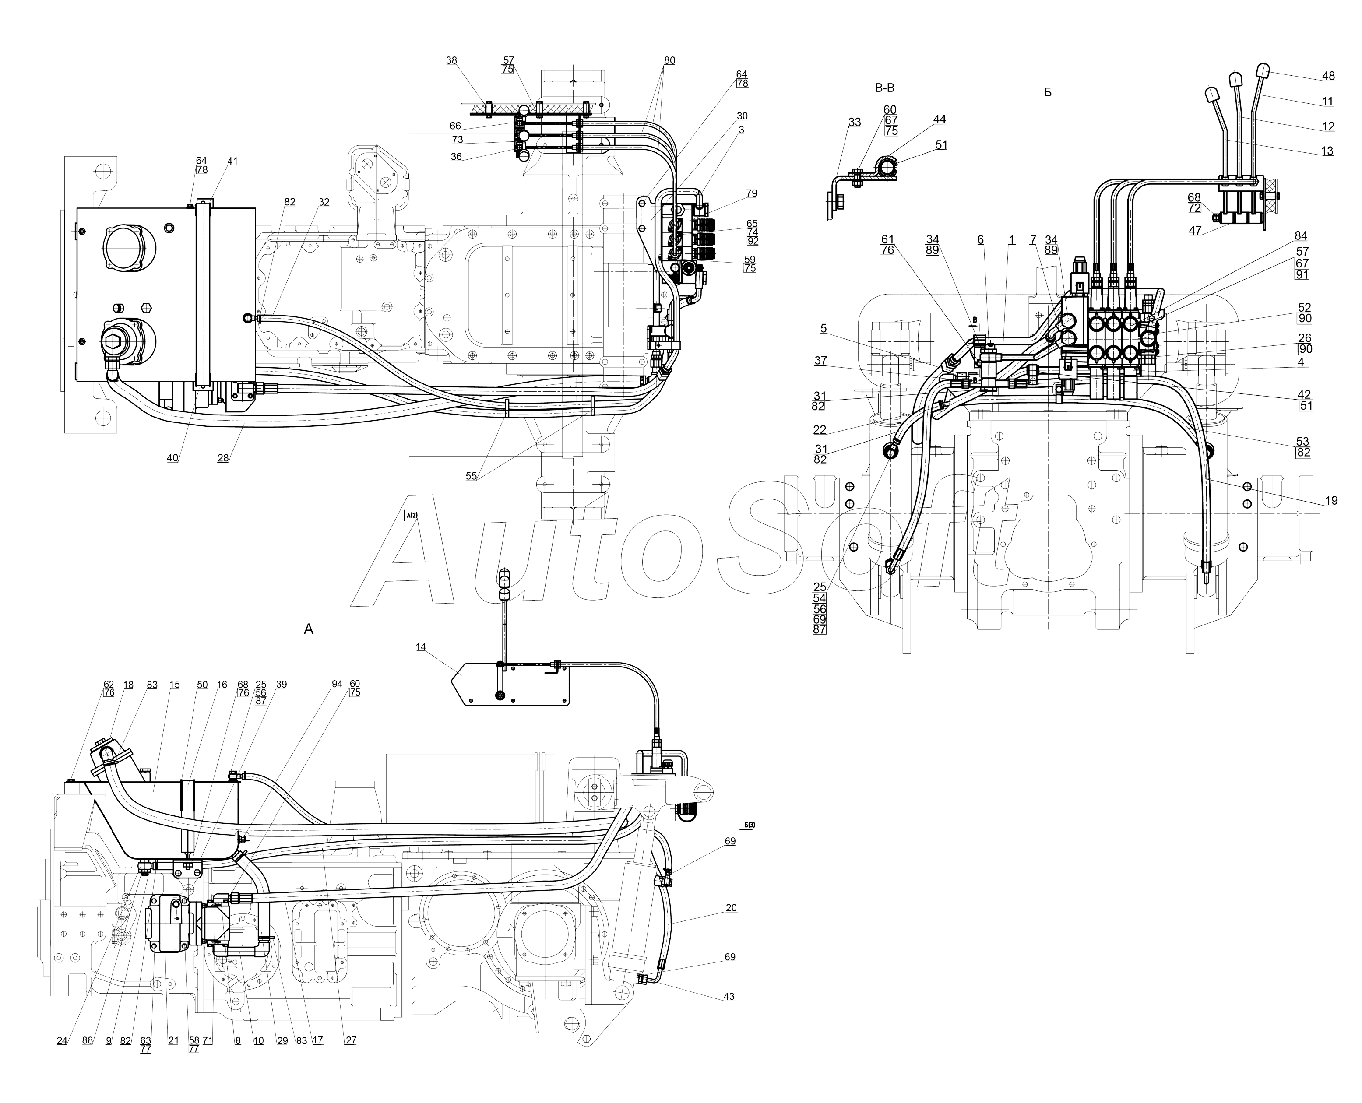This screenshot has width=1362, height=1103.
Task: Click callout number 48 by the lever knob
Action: pyautogui.click(x=1328, y=76)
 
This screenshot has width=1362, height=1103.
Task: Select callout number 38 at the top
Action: pyautogui.click(x=451, y=61)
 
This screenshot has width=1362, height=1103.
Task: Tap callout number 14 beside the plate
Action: pyautogui.click(x=421, y=647)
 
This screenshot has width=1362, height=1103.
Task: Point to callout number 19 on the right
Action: pyautogui.click(x=1331, y=501)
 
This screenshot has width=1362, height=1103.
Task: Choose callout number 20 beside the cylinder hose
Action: pyautogui.click(x=731, y=908)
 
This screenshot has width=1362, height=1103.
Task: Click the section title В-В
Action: pyautogui.click(x=884, y=88)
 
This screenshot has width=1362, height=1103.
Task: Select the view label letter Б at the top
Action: pyautogui.click(x=1047, y=93)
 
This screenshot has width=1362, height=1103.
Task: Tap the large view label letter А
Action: pyautogui.click(x=309, y=629)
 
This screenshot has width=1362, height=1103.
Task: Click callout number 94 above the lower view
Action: pyautogui.click(x=337, y=684)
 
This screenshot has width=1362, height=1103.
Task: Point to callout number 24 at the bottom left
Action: pyautogui.click(x=62, y=1041)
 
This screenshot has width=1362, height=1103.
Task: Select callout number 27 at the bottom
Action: pyautogui.click(x=351, y=1041)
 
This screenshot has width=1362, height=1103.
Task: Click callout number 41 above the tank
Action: pyautogui.click(x=232, y=162)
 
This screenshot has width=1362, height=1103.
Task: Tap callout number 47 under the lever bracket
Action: pyautogui.click(x=1195, y=231)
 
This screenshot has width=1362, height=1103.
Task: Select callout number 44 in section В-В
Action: pyautogui.click(x=940, y=119)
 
